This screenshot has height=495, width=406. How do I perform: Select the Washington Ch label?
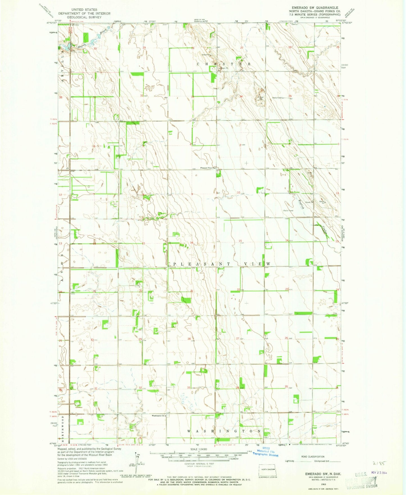pos(159,416)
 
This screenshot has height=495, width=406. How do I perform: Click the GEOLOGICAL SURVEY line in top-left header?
pos(84,17)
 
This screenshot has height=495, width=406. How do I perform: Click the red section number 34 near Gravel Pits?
pos(241,96)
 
